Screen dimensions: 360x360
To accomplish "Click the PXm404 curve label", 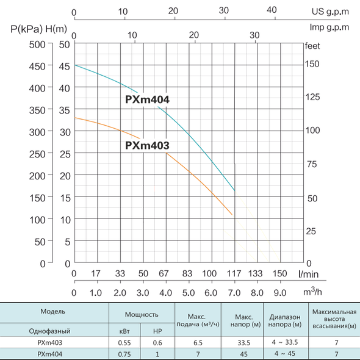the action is (147, 99).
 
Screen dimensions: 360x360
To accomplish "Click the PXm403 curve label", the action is (147, 145).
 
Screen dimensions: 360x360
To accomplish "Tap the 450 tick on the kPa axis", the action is (37, 67).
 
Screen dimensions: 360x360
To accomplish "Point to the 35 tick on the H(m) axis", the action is (64, 110).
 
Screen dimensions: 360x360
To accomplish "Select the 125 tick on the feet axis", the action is (312, 97).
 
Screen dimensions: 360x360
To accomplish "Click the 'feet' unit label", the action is (312, 46).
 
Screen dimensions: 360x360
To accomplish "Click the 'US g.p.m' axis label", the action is (330, 12).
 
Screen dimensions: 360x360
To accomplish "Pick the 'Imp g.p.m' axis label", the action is (329, 27).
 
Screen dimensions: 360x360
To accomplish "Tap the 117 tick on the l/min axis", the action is (234, 273).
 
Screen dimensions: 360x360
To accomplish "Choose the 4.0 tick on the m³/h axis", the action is (165, 293).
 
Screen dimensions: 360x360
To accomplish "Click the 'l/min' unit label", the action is (308, 274).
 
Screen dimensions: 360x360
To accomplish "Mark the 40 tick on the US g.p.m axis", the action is (272, 10).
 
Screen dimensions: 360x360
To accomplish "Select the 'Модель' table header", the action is (53, 311).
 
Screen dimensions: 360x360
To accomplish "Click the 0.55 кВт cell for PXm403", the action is (124, 343).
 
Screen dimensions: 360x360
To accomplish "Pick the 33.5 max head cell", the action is (244, 343).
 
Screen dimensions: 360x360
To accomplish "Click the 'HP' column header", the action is (157, 331).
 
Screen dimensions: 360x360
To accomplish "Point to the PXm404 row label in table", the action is (50, 354).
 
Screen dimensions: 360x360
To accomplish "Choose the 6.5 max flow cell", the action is (198, 343).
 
